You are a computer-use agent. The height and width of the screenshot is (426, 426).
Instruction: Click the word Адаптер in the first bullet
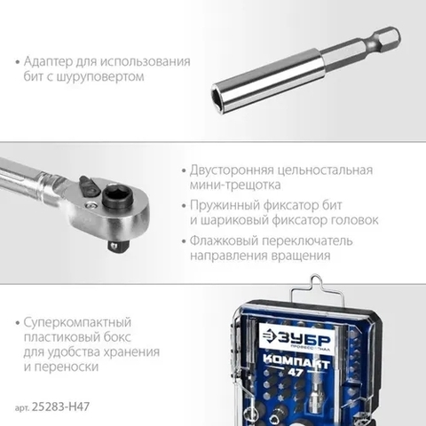48,61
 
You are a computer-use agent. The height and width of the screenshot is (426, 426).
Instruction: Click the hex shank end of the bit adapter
390,39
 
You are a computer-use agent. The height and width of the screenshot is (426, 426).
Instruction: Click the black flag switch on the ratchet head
90,185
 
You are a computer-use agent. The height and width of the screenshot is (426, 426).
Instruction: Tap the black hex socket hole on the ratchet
116,195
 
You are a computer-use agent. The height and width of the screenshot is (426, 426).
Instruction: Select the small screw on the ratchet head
91,206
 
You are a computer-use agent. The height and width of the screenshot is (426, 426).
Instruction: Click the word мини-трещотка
235,185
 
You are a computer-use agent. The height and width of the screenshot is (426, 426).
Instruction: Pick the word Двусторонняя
232,170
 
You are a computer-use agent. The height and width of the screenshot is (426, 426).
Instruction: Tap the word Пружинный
225,205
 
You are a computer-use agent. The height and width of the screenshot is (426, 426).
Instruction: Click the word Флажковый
224,241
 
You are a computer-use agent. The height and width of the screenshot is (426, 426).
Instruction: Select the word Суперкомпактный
77,322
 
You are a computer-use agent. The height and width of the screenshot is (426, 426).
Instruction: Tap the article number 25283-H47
60,406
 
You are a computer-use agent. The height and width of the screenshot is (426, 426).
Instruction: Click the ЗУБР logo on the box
296,337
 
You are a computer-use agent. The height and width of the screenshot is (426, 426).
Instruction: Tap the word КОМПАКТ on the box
296,361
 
